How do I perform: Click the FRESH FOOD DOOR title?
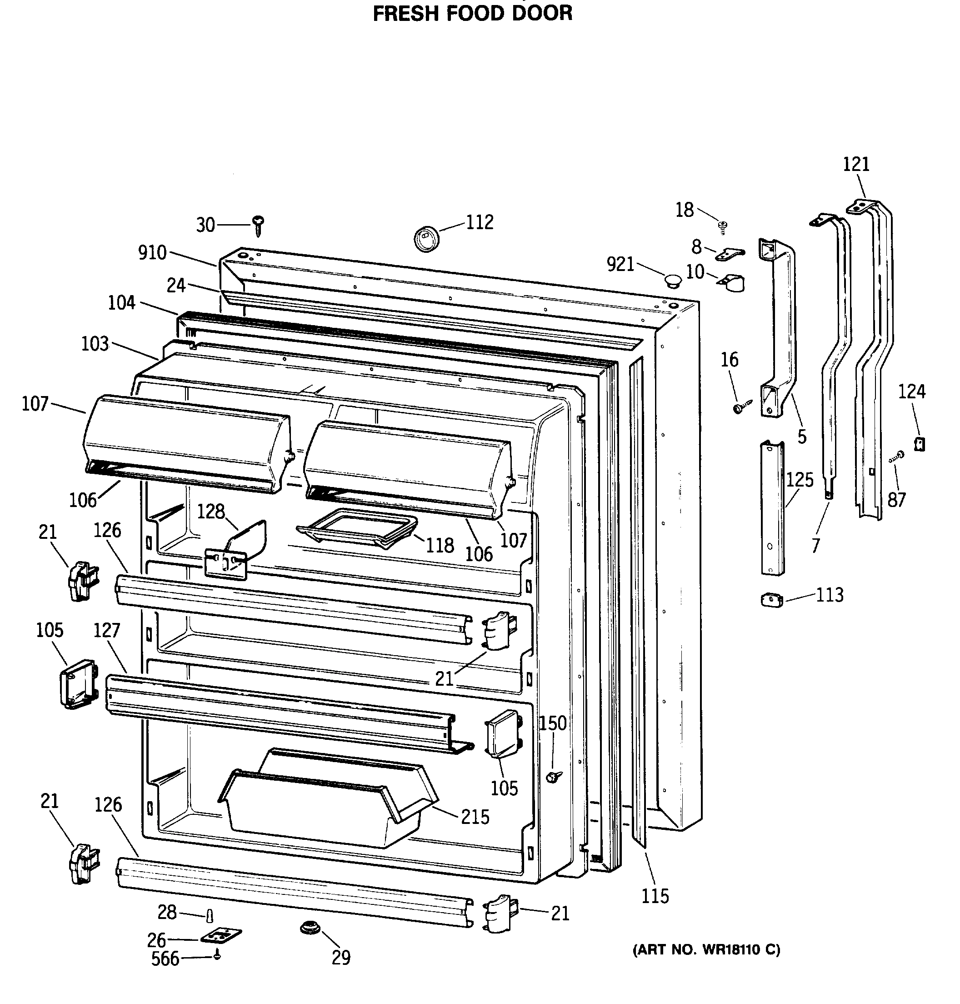click(x=472, y=13)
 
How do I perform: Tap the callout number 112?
click(x=480, y=222)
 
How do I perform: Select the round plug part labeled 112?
click(x=426, y=238)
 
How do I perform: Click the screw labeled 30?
click(x=259, y=225)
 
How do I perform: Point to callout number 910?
click(x=152, y=252)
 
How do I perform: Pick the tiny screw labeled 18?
click(x=723, y=226)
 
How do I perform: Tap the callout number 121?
click(x=856, y=164)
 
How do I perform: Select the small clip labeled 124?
click(x=920, y=443)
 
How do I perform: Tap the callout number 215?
click(x=475, y=817)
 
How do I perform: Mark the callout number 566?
click(x=165, y=959)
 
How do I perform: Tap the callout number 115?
click(x=655, y=896)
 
